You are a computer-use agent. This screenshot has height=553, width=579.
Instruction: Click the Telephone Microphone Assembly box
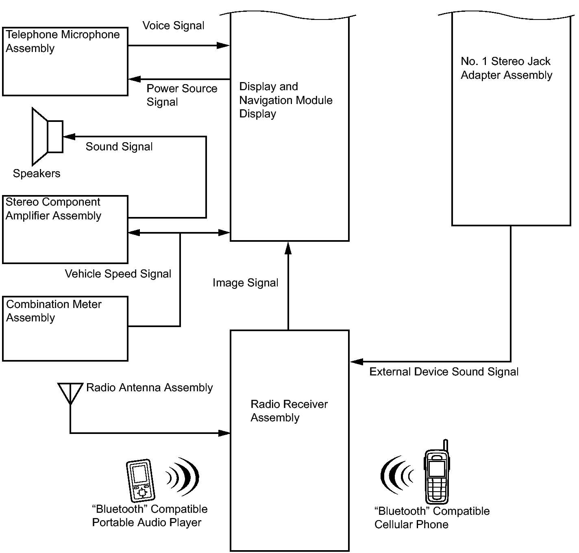65,61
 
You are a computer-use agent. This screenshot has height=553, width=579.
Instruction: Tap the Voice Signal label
173,26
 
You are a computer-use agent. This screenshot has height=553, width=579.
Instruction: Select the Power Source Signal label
182,95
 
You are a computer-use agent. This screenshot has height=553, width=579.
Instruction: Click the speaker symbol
48,136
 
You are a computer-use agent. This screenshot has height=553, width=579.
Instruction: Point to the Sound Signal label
119,147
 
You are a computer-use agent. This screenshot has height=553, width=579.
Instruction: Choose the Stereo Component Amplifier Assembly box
65,230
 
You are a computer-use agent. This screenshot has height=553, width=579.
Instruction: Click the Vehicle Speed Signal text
118,274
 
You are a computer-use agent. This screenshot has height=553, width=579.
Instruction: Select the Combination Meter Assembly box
65,329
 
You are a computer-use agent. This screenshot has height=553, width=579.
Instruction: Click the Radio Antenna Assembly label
149,388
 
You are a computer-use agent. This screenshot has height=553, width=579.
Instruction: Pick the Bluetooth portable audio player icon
141,481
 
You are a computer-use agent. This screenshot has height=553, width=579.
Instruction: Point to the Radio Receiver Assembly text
289,411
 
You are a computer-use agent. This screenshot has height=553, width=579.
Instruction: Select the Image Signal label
245,283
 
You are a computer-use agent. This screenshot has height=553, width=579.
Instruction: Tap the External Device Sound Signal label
444,372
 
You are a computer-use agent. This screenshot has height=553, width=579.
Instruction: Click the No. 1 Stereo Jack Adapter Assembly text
506,68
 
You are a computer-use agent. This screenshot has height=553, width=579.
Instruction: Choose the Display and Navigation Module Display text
285,100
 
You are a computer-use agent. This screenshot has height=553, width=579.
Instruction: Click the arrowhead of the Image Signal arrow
288,248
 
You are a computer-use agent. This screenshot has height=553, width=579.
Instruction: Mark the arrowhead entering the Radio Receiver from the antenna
224,433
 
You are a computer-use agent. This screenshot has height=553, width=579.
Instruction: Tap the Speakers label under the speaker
37,173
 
